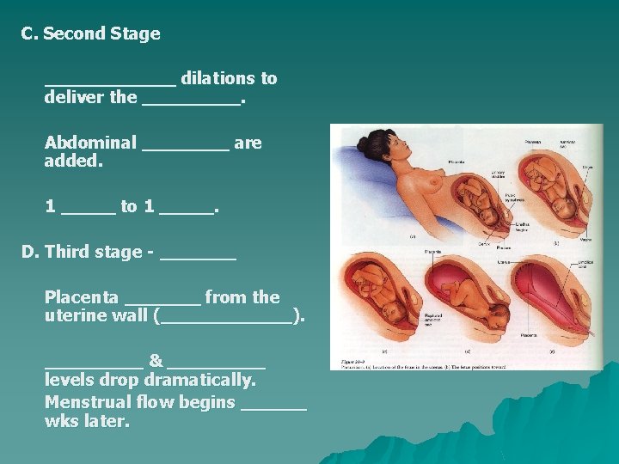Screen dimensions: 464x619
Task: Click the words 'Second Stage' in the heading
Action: click(101, 34)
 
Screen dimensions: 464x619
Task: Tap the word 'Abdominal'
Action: click(90, 143)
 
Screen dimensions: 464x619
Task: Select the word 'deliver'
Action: click(75, 97)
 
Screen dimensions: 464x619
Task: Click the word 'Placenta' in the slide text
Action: click(82, 297)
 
